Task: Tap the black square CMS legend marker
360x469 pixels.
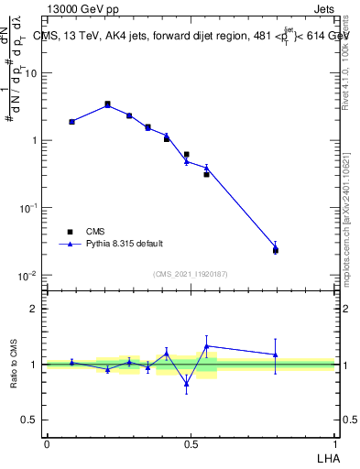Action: [69, 232]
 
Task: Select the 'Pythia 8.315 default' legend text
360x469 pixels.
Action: [125, 244]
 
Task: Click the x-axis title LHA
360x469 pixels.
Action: [326, 456]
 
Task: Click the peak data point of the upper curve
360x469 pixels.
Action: [107, 104]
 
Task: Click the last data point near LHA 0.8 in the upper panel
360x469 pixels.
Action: [275, 247]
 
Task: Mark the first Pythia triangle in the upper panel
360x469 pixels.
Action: [71, 121]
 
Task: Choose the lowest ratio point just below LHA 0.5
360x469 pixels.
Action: [186, 384]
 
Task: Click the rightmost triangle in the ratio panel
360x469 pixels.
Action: [275, 354]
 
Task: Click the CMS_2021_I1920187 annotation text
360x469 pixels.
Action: [191, 274]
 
